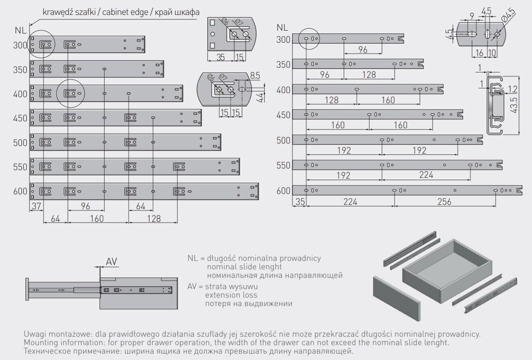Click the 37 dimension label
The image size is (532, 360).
coord(36,206)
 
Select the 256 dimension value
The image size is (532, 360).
coord(444,202)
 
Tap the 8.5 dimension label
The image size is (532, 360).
coord(255,75)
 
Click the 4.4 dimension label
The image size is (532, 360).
coord(261,98)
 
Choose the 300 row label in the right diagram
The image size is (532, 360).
coord(284,40)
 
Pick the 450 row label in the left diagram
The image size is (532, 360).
coord(20,119)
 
